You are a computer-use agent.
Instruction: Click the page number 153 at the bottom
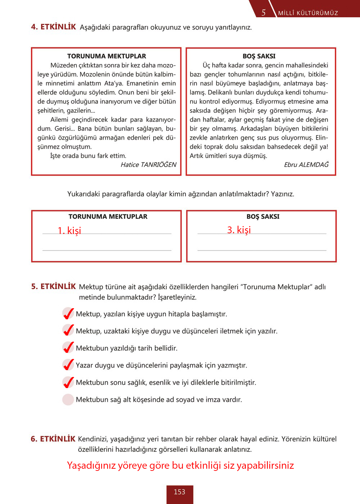[179, 492]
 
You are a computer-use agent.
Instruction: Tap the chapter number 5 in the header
[264, 13]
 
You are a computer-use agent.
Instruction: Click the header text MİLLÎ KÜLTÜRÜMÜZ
[308, 13]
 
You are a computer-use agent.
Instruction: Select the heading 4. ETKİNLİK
[53, 27]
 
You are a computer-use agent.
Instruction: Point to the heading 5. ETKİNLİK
[53, 287]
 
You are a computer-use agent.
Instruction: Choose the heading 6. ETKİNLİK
[53, 439]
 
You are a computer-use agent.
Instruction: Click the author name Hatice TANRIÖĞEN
[148, 165]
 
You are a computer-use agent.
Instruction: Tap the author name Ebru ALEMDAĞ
[306, 165]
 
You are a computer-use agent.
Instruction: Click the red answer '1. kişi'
[69, 230]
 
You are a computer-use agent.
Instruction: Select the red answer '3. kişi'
[239, 230]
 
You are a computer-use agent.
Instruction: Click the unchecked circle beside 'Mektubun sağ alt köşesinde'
[68, 400]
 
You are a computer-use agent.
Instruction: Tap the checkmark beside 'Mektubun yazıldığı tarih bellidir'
[68, 348]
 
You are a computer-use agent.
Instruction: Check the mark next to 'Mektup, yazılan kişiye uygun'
[68, 314]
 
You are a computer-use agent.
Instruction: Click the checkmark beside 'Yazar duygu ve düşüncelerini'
[68, 365]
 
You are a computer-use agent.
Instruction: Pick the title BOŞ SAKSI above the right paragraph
[259, 56]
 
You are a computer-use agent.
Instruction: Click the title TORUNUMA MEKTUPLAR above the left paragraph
[107, 56]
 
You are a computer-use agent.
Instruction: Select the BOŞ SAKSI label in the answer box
[263, 217]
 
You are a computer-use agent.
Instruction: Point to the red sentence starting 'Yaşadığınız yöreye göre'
[180, 465]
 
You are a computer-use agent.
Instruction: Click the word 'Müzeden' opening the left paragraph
[64, 66]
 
